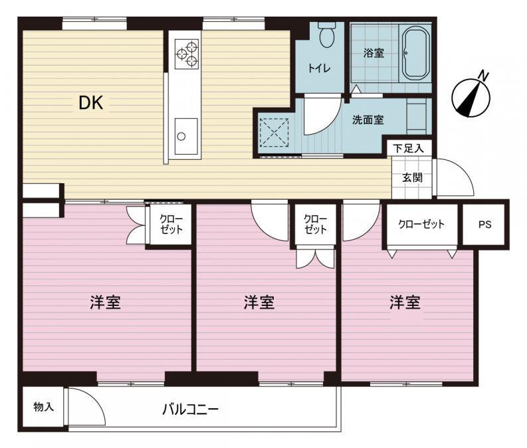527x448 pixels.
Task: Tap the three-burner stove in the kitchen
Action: click(x=186, y=54)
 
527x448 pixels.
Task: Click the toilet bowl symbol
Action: click(x=326, y=36)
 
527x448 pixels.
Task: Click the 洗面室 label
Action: click(x=368, y=120)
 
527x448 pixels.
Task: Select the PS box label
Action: click(x=485, y=224)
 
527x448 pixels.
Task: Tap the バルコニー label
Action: click(x=190, y=409)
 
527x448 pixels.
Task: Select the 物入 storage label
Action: click(x=43, y=406)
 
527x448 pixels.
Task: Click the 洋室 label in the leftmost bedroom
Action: click(x=105, y=303)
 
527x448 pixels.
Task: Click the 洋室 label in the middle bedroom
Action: click(x=259, y=303)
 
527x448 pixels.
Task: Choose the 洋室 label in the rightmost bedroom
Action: click(x=405, y=303)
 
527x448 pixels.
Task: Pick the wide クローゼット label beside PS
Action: click(x=421, y=224)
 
